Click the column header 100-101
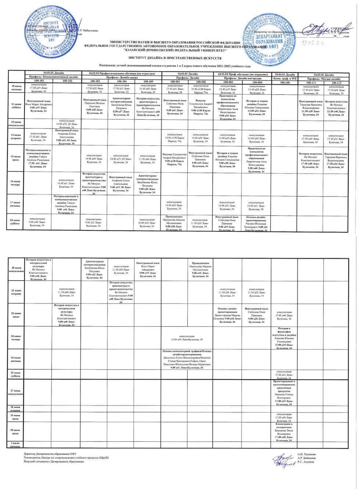39,81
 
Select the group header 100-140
285,82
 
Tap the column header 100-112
336,83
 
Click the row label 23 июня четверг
16,338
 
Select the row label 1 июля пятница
16,445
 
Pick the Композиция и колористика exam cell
284,432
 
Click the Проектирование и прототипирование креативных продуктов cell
284,393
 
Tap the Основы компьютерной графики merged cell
187,359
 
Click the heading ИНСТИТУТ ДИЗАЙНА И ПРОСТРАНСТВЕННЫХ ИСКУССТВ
175,58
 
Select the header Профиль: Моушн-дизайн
324,78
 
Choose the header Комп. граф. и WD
285,78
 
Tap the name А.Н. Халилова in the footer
307,454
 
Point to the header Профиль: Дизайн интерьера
242,78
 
